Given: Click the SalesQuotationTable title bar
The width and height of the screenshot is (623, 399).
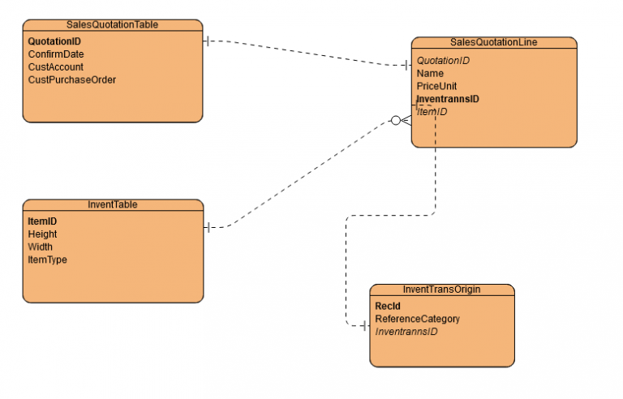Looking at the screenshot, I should pos(112,25).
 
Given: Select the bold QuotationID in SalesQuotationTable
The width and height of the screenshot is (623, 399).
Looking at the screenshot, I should pos(54,41).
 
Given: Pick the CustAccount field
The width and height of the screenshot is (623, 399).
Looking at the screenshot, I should pos(55,66).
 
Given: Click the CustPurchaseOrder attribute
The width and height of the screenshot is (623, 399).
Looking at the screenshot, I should pos(71,79).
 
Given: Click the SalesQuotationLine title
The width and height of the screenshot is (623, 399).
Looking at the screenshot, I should pos(493,42).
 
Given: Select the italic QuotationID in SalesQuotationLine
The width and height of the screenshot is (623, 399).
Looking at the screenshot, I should pos(443,61).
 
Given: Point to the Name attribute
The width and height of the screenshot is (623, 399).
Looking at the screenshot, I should pos(430,74).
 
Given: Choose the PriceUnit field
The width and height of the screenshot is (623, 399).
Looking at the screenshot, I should pos(436,86).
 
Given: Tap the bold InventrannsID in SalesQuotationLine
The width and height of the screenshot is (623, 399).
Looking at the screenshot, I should pos(448,99).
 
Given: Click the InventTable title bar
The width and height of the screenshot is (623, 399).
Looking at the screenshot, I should pos(112,204).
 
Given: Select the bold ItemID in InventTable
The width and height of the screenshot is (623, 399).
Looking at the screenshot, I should pos(42,221).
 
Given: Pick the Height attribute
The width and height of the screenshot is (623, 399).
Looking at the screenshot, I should pos(42,234).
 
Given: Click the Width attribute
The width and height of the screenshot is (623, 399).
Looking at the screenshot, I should pos(41,247).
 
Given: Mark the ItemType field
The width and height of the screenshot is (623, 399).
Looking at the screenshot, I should pos(47,260).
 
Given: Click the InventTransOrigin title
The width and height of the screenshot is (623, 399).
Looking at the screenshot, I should pos(441,290).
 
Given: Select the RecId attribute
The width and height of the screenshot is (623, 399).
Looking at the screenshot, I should pos(388,307).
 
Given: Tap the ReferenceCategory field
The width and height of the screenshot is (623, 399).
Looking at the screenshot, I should pos(417,319).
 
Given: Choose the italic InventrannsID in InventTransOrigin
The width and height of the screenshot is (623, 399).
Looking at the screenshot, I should pos(406,332).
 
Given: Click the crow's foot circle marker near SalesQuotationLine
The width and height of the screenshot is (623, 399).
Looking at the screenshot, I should pos(396,121).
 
